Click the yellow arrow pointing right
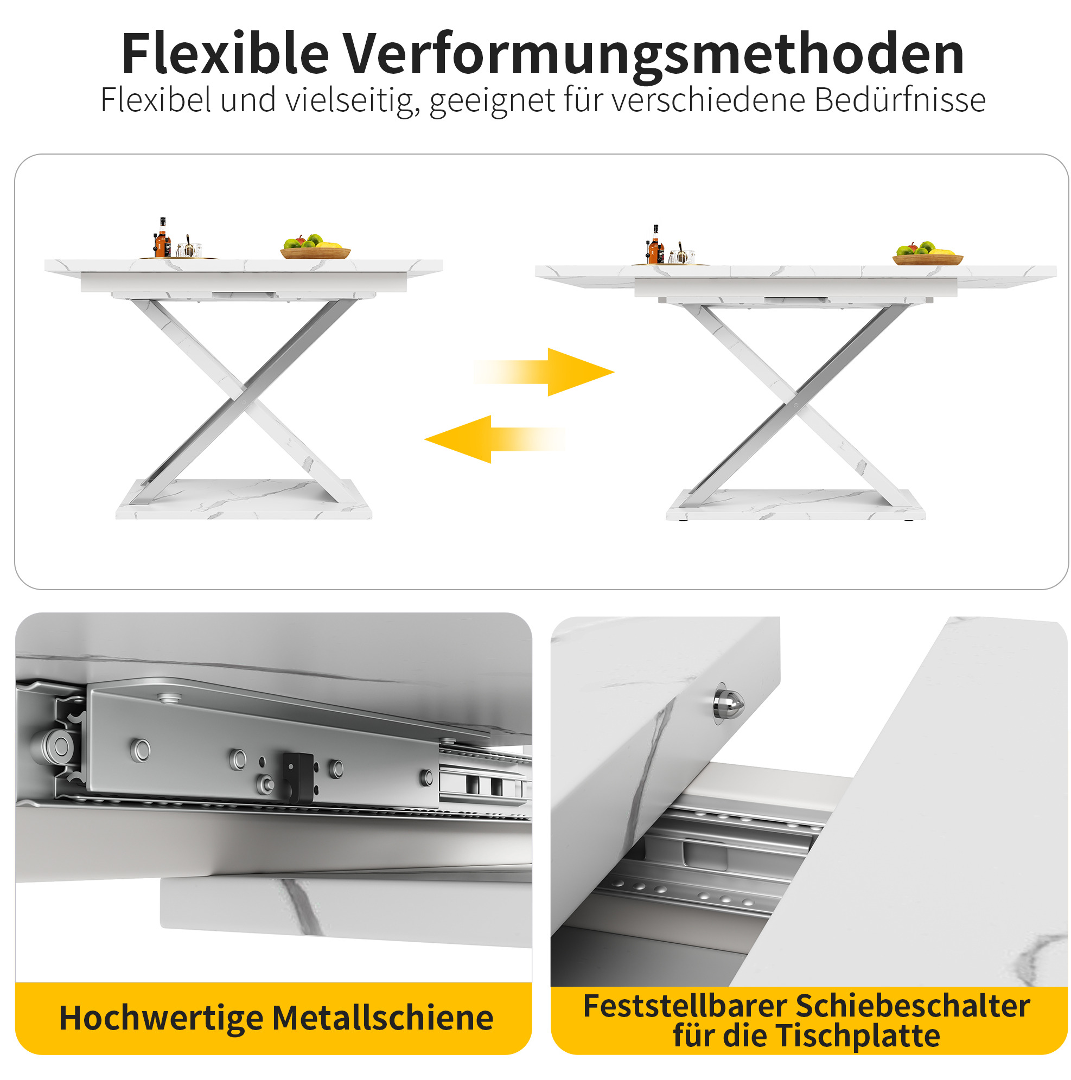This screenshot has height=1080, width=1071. pos(544,372)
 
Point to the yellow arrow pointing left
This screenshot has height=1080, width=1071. pos(495,439)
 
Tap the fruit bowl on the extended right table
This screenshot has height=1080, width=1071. pos(927,255)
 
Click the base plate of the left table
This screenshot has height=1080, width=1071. pos(244,499)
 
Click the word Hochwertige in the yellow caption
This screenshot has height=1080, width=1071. pos(161,1019)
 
